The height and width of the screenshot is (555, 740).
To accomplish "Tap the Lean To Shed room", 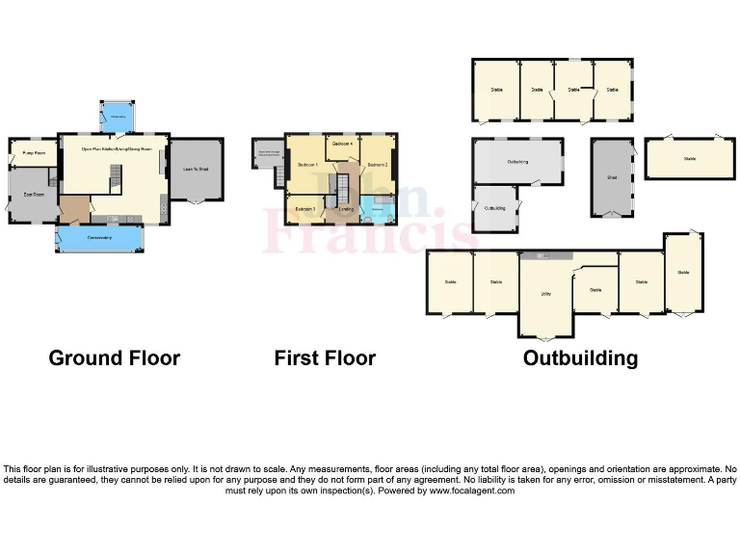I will click(196, 170).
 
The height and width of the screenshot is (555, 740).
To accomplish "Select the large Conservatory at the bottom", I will click(99, 237).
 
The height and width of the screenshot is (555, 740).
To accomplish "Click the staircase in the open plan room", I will click(116, 176).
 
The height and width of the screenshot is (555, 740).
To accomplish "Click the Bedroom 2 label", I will click(378, 165).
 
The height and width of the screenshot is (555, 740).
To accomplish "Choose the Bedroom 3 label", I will click(305, 209).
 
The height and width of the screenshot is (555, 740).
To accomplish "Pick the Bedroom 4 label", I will click(341, 144).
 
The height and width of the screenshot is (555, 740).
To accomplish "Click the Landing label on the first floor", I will click(346, 209).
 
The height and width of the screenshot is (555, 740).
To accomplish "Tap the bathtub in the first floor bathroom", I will click(378, 216).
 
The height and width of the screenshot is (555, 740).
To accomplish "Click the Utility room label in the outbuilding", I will click(545, 293).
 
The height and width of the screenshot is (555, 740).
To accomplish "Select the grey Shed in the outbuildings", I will click(612, 177).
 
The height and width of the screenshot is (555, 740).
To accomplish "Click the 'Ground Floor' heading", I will click(114, 358).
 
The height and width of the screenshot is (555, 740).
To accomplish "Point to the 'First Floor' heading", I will click(325, 358).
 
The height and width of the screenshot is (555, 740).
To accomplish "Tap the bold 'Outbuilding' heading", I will click(580, 358).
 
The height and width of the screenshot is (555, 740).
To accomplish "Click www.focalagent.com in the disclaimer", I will click(471, 490).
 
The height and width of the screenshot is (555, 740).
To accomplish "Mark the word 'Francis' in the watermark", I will click(370, 231).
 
